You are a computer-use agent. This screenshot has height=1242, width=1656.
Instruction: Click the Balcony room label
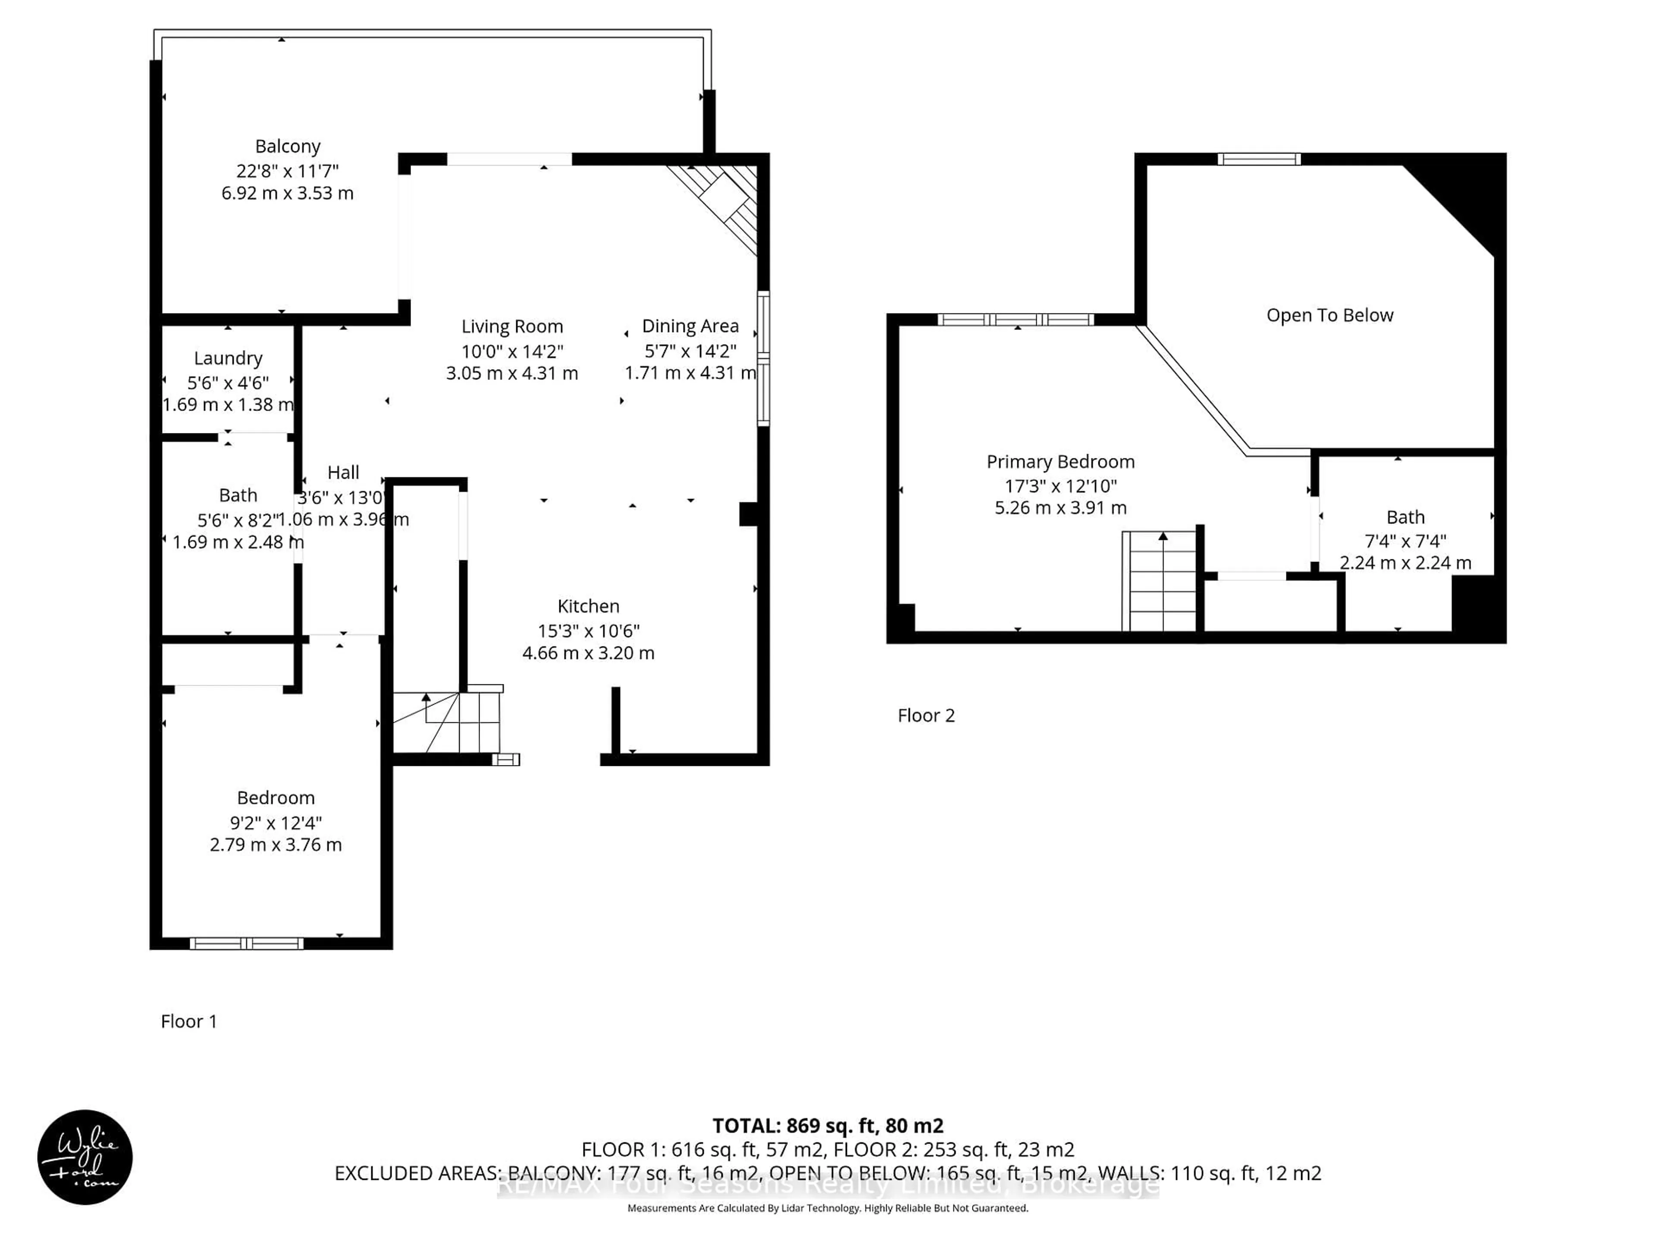[x=288, y=146]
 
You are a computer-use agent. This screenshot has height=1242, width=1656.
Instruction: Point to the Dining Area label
[x=690, y=326]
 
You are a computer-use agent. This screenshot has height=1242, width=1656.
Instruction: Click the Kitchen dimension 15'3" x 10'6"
[x=588, y=630]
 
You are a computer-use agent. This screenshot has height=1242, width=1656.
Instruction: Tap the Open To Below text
[x=1330, y=315]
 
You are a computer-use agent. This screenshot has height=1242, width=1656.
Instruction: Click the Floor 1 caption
[x=188, y=1021]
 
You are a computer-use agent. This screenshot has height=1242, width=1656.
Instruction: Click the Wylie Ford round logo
[x=85, y=1157]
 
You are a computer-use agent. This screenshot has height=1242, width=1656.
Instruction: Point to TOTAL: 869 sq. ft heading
[x=827, y=1125]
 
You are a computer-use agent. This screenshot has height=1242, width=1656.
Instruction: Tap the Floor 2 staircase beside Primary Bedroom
[x=1160, y=581]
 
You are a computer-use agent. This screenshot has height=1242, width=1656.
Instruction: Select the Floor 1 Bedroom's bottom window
[x=246, y=943]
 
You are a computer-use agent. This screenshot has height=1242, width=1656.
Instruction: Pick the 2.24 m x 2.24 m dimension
[x=1405, y=563]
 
